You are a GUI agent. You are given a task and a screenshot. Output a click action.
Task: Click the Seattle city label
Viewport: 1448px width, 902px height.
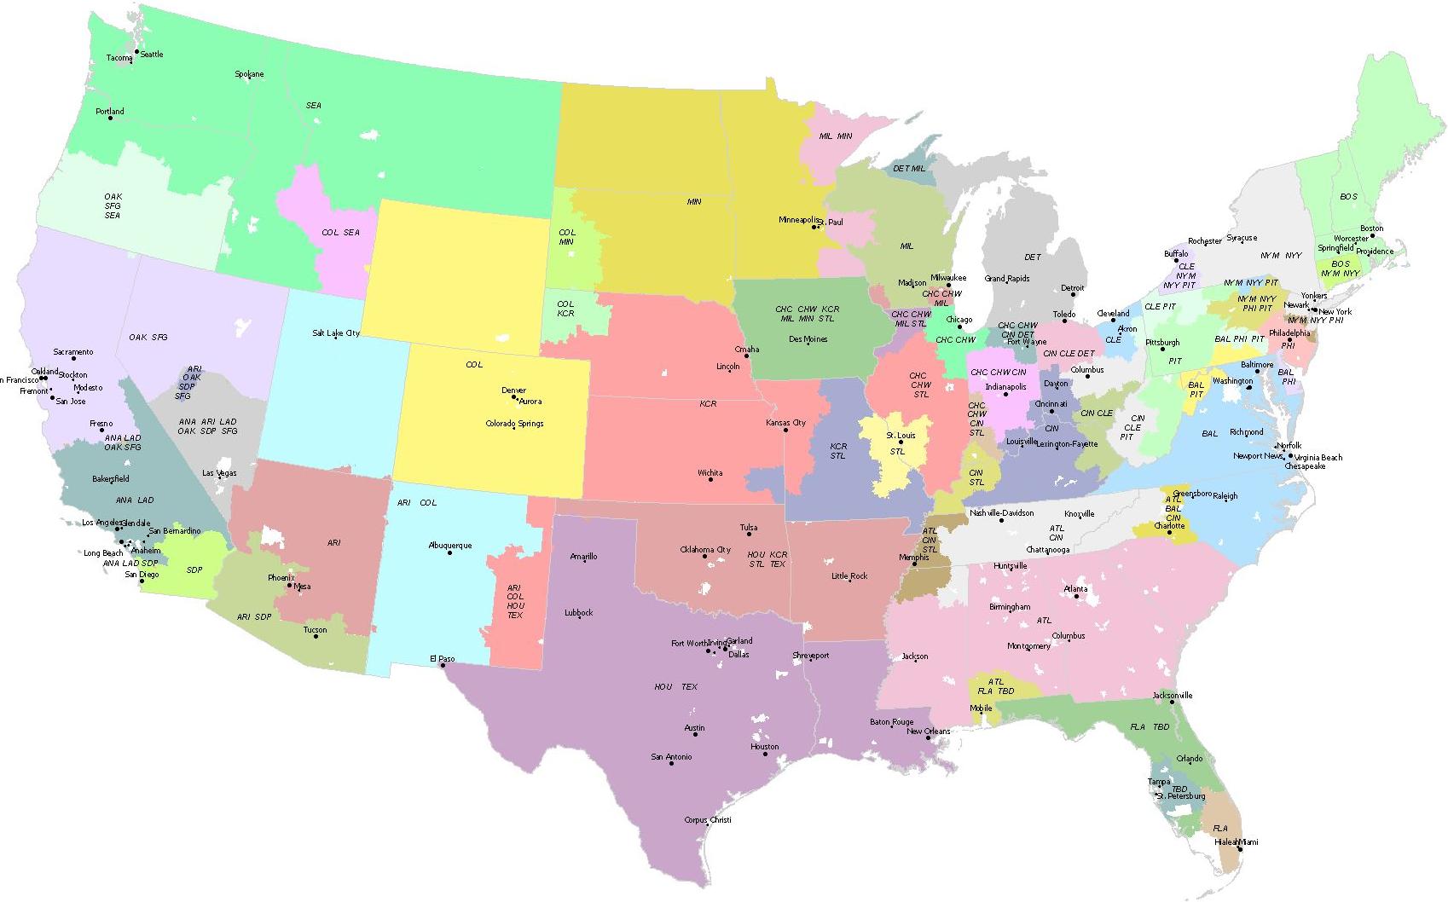pos(151,54)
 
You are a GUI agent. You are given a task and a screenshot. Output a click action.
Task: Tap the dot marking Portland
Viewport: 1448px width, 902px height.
pos(110,118)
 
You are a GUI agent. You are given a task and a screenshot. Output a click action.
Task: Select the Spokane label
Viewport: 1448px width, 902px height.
pos(249,74)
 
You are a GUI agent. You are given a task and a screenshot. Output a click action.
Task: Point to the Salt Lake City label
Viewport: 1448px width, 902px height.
pos(335,333)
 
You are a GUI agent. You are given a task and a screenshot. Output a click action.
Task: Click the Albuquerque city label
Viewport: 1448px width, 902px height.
pos(449,546)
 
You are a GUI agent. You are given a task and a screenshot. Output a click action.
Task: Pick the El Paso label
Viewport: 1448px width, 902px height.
pos(442,659)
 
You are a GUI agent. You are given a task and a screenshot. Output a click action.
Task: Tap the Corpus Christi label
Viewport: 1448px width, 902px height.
pos(708,820)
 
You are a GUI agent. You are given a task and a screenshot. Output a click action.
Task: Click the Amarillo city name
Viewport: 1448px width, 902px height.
pos(583,557)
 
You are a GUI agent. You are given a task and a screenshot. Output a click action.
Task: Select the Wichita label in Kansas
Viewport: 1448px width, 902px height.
pos(710,473)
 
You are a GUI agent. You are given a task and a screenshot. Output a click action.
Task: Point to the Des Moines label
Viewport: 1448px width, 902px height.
pos(808,339)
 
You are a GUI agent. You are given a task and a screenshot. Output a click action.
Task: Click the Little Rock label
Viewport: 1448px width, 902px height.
pos(849,576)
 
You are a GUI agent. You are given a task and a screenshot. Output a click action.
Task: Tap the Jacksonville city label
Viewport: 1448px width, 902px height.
pos(1173,696)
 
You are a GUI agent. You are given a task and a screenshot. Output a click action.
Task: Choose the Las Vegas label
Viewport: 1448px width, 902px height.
pos(219,473)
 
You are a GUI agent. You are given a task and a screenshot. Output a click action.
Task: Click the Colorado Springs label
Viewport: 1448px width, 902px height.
pos(514,424)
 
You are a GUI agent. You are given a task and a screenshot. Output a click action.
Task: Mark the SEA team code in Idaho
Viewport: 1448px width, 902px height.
pos(314,106)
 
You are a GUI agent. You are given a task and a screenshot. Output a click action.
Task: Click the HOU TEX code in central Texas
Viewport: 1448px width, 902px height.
pos(675,686)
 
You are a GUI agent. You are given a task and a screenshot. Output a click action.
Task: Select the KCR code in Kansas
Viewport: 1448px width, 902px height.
pos(708,404)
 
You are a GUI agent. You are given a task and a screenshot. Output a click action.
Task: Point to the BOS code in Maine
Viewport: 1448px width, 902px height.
pos(1348,197)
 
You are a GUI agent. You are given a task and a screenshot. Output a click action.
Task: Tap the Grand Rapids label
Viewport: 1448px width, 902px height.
pos(1006,279)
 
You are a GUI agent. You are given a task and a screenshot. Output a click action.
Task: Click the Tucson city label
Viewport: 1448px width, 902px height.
pos(315,630)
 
